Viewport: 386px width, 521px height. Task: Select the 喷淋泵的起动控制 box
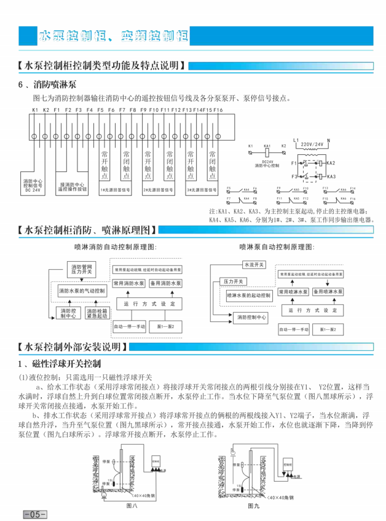point(249,296)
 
